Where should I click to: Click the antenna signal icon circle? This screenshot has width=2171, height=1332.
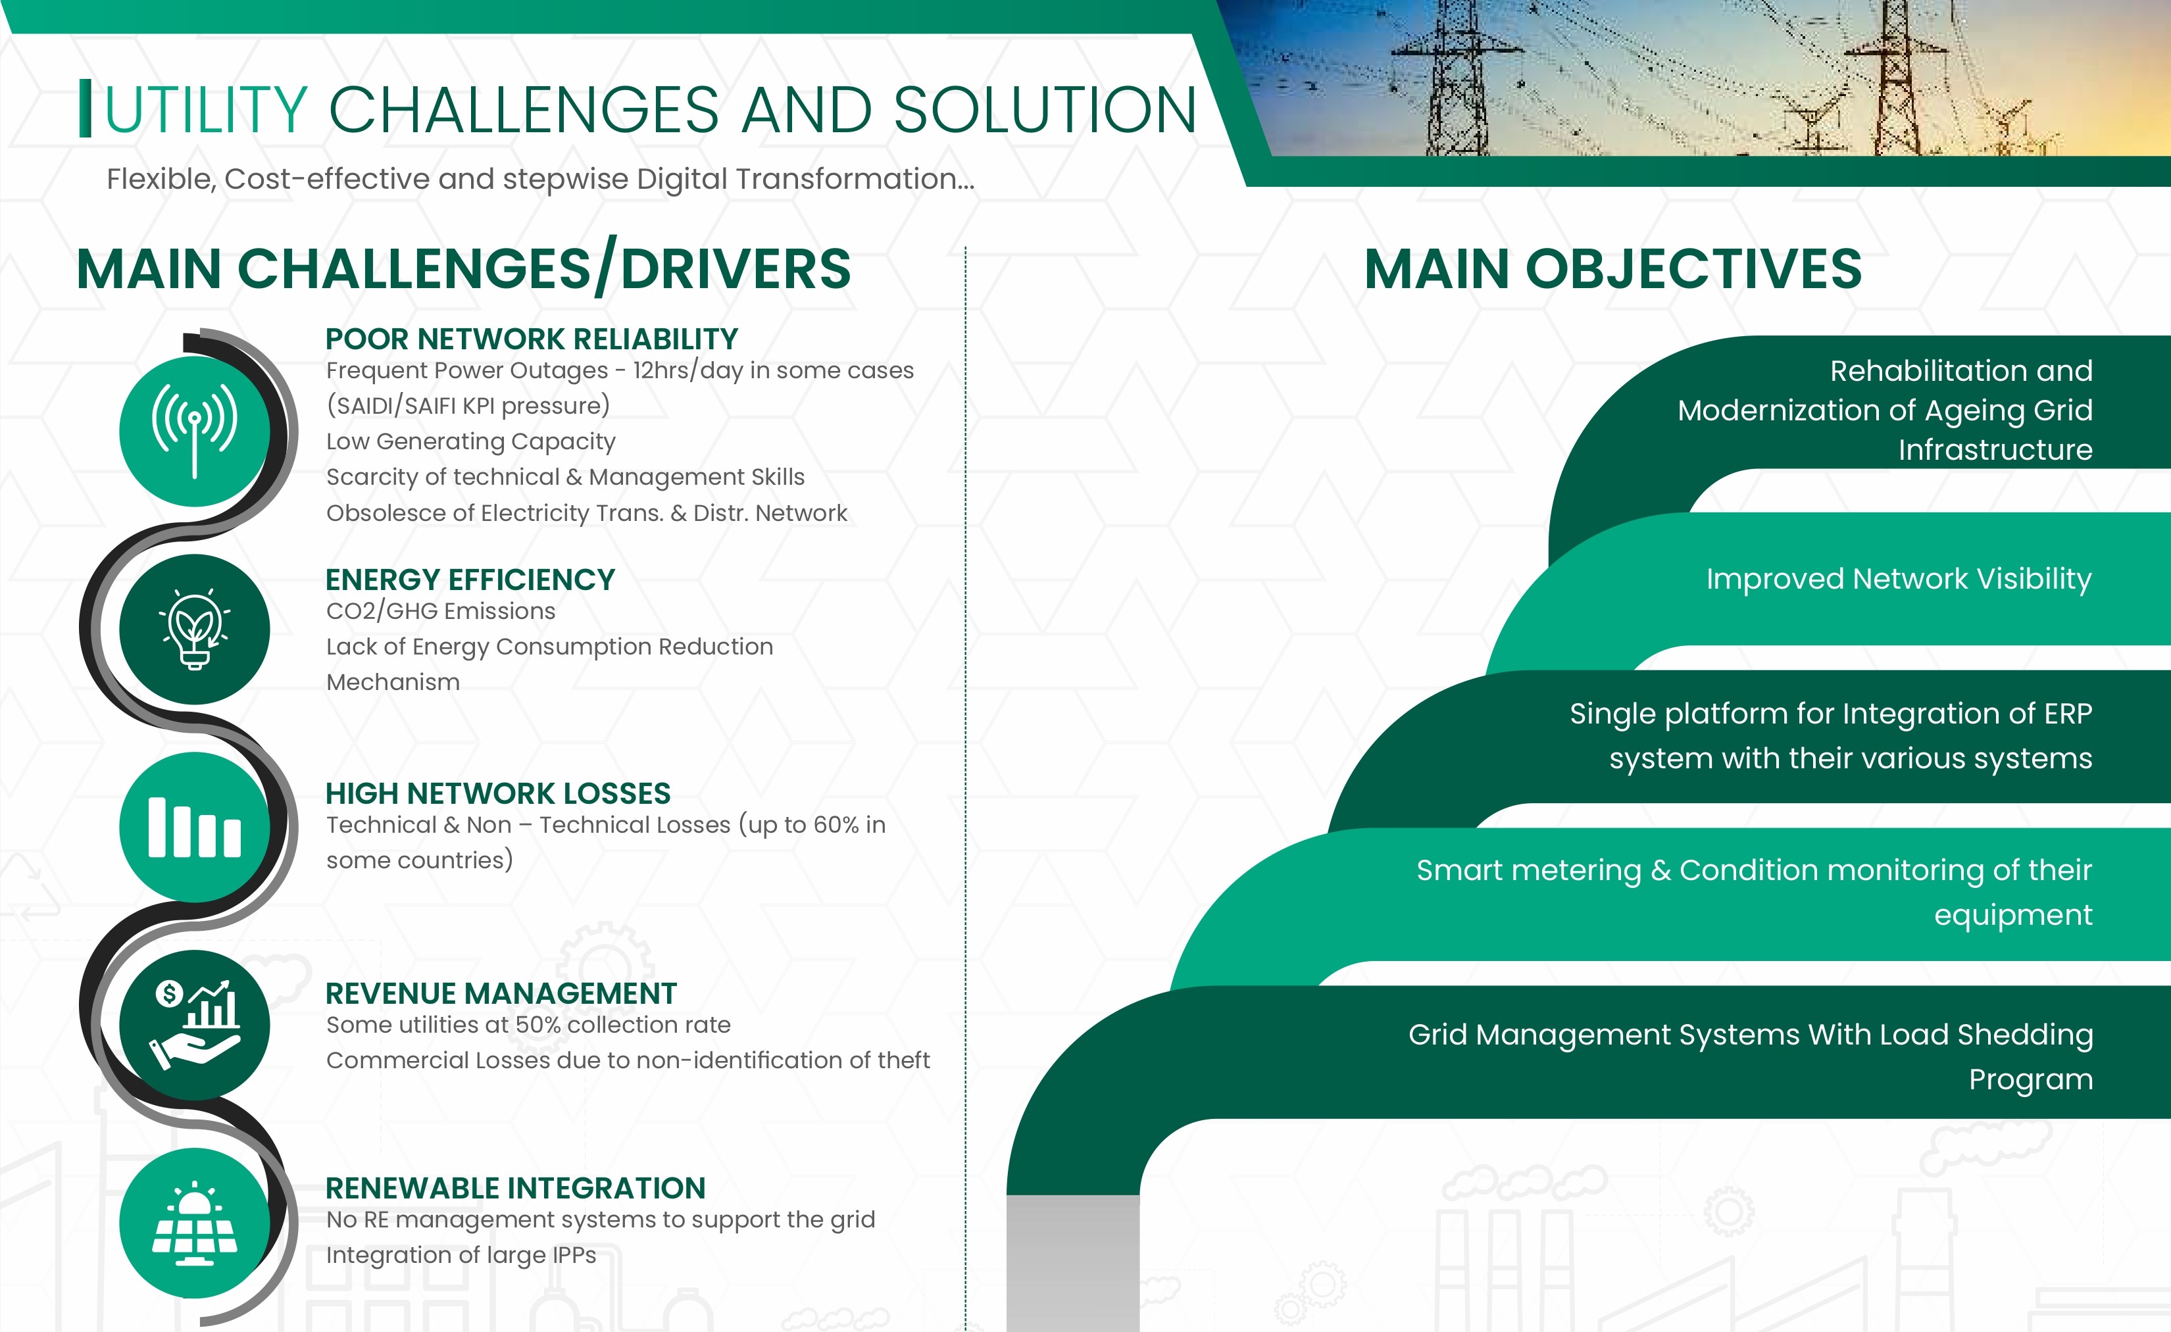point(195,431)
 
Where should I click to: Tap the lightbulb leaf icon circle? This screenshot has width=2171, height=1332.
point(195,629)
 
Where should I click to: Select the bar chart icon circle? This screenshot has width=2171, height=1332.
point(195,827)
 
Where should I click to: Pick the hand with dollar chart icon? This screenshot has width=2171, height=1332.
point(195,1025)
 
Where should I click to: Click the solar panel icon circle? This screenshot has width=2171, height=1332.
point(195,1223)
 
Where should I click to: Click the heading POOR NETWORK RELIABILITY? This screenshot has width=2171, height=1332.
point(532,339)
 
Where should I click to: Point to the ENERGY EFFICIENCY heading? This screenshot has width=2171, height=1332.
point(470,580)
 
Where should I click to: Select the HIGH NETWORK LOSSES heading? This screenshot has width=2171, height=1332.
point(498,794)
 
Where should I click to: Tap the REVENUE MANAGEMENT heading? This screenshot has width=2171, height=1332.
point(501,994)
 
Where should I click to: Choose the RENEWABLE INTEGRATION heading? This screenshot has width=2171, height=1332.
point(515,1189)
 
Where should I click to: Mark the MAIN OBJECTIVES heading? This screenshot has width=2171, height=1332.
point(1612,268)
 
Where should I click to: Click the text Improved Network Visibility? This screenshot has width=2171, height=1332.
point(1899,579)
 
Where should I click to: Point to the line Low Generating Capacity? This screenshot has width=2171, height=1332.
point(470,441)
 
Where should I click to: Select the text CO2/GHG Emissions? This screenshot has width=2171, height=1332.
point(441,611)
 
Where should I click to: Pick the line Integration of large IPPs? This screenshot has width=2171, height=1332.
point(461,1255)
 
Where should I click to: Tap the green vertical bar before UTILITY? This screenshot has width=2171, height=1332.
point(86,109)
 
